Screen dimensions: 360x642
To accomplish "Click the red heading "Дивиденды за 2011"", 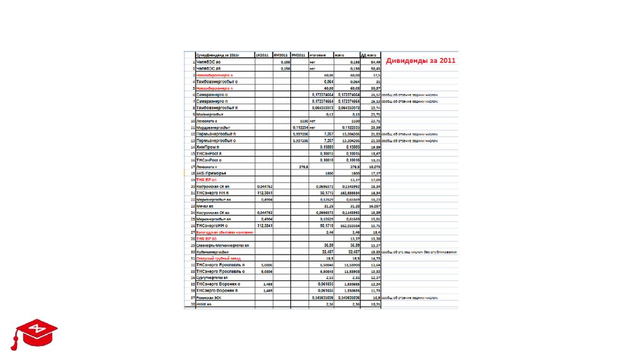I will click(420, 61).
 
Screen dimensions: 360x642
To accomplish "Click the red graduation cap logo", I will click(32, 333).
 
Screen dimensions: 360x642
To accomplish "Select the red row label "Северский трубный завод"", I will click(219, 258).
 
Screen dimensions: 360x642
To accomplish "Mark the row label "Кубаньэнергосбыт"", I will click(213, 251).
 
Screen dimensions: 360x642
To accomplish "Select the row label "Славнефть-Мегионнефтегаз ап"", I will click(223, 245).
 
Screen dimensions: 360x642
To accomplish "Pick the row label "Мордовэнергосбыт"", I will click(213, 127).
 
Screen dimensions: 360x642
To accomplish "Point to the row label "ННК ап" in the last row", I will click(204, 304).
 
